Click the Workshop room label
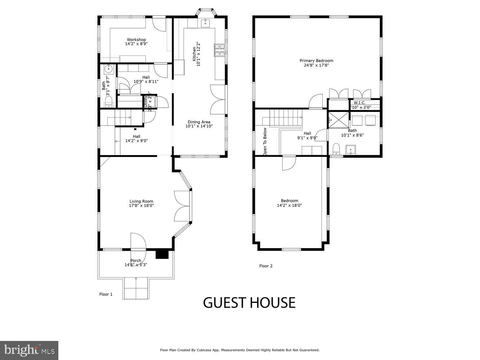pos(136,40)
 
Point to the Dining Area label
pos(199,122)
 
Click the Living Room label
pos(141,201)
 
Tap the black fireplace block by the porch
pos(162,254)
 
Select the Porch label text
pos(136,261)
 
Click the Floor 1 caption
pos(106,294)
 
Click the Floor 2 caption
pos(266,266)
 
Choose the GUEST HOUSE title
pos(249,303)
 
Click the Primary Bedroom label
pos(316,60)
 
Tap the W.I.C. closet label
pos(359,103)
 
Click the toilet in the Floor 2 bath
pos(336,148)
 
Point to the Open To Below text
pos(265,141)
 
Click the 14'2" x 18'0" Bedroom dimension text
pos(289,206)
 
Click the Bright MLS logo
pos(29,350)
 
